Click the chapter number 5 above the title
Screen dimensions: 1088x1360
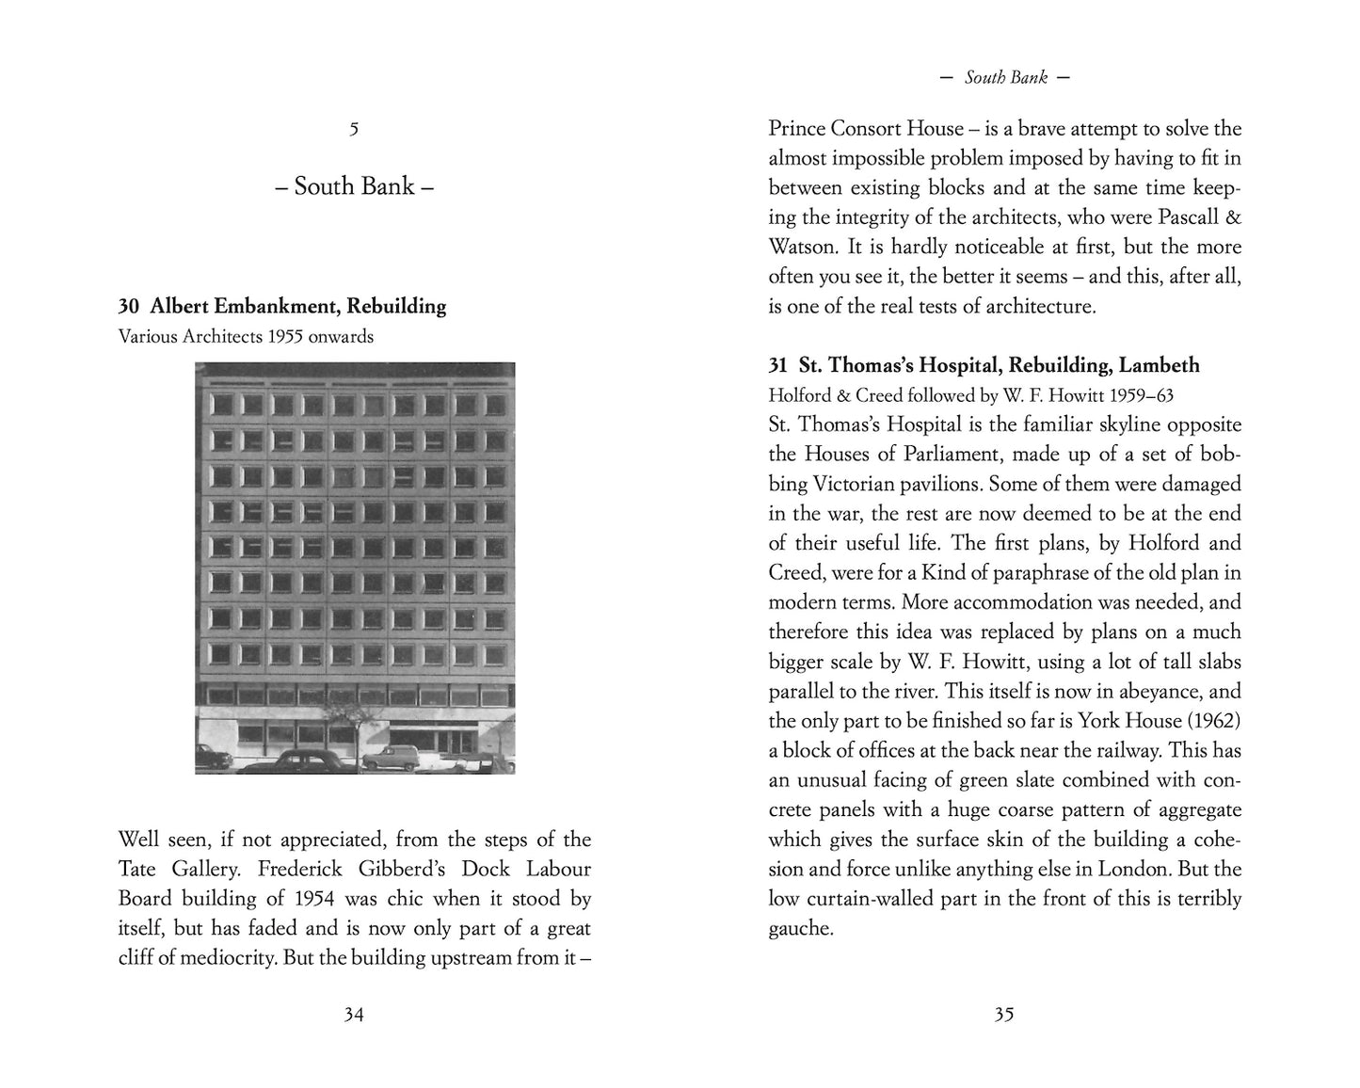pyautogui.click(x=354, y=130)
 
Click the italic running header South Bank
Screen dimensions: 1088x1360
pyautogui.click(x=1005, y=77)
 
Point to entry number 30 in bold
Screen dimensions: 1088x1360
pyautogui.click(x=129, y=306)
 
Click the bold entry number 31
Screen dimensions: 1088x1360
pyautogui.click(x=777, y=365)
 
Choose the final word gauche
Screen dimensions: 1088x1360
pyautogui.click(x=801, y=929)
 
